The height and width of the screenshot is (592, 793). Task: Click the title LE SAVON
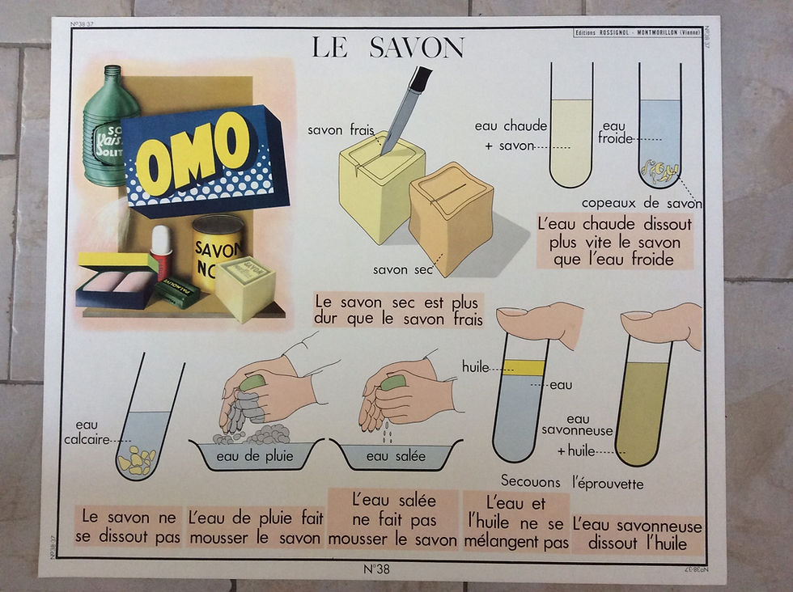click(x=388, y=48)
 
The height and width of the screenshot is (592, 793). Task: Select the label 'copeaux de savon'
click(x=642, y=203)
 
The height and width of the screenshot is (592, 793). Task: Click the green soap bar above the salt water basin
click(x=392, y=383)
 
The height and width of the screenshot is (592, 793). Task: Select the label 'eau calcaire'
click(x=87, y=432)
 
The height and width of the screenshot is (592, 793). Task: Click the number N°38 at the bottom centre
click(x=376, y=569)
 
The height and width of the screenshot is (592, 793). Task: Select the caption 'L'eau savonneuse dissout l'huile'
click(x=637, y=535)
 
